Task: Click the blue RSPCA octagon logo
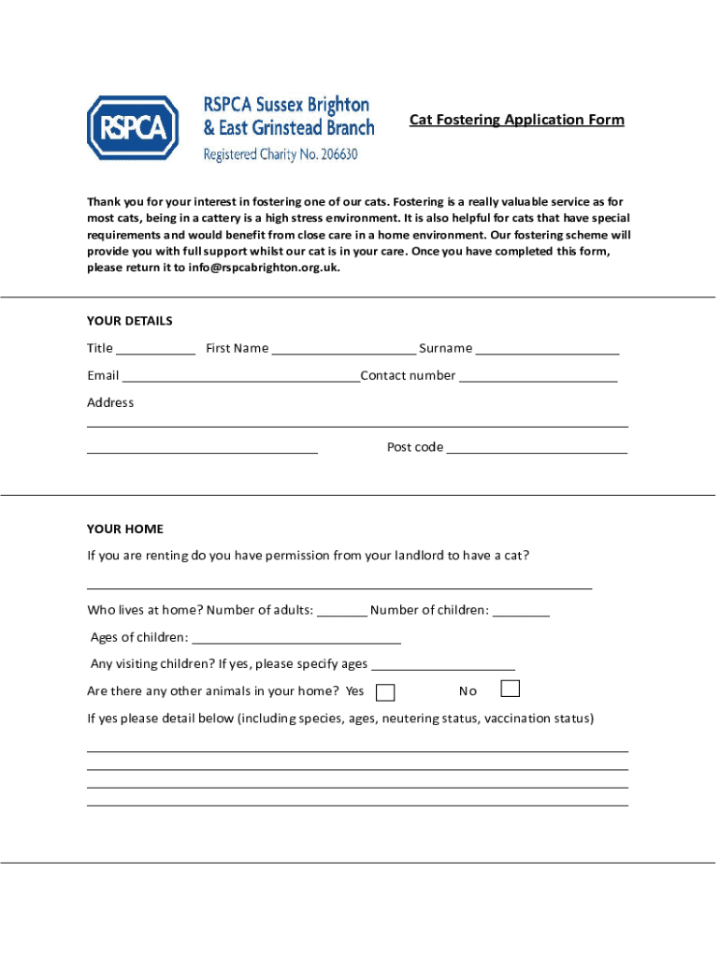(x=133, y=127)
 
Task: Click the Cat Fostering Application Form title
(x=516, y=120)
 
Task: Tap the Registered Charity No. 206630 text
(x=281, y=154)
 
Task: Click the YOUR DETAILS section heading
(x=130, y=321)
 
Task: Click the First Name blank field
(x=344, y=350)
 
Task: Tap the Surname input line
(x=547, y=350)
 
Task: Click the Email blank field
(x=240, y=377)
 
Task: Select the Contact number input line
(x=539, y=377)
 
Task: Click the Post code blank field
(x=537, y=448)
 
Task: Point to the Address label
(x=110, y=403)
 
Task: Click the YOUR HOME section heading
(x=125, y=529)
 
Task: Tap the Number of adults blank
(x=342, y=612)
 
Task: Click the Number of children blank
(x=521, y=612)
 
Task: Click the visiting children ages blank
(x=442, y=665)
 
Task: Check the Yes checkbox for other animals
(x=384, y=692)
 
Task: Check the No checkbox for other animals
(x=510, y=689)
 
